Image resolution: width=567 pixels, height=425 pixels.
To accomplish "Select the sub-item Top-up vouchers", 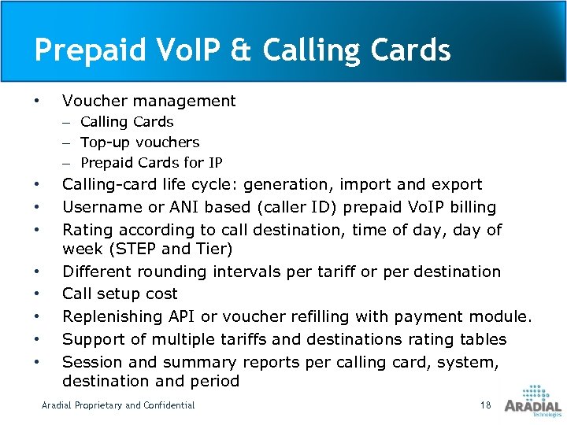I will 140,142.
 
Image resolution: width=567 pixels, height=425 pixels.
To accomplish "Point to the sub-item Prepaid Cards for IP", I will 151,163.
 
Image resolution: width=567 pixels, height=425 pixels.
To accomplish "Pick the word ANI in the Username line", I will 178,207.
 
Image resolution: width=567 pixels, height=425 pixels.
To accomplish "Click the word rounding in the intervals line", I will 174,272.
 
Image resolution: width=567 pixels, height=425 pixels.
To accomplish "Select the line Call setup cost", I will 120,294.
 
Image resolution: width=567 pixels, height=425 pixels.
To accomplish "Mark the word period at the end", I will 214,381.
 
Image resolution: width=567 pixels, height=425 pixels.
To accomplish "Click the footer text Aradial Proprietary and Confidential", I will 118,405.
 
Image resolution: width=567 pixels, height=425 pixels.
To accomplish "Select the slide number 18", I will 485,405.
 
